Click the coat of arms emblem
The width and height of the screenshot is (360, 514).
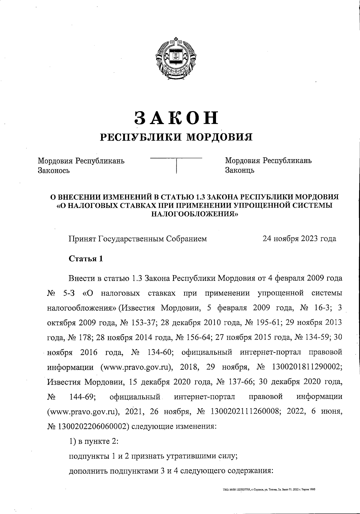[176, 59]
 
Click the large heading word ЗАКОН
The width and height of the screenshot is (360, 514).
[176, 117]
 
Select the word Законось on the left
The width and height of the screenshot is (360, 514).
[54, 171]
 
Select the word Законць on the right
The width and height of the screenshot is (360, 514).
[240, 171]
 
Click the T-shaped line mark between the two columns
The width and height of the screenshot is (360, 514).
[176, 164]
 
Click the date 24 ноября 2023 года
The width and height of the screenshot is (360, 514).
[299, 239]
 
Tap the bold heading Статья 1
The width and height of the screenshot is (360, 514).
[86, 259]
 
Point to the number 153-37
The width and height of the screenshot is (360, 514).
[141, 323]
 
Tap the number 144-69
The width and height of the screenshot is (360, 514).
[82, 397]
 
